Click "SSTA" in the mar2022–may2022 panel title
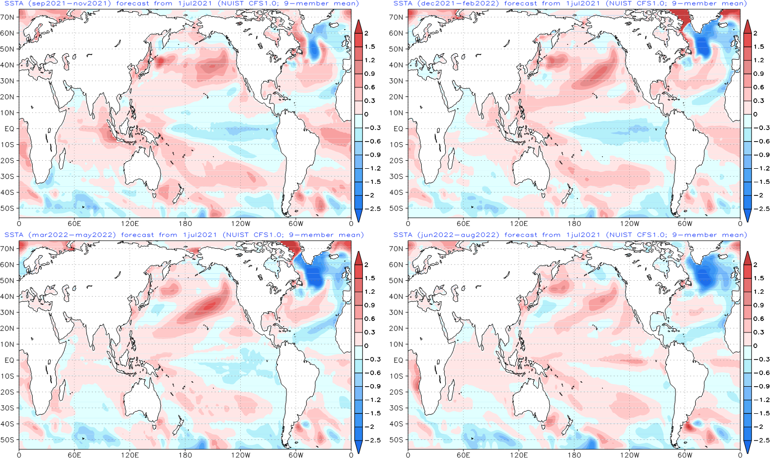tap(14, 235)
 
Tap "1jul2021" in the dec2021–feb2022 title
tap(582, 4)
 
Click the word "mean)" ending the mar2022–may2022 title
tap(351, 235)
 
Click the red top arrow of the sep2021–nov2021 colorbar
tap(358, 26)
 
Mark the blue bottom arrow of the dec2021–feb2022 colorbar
tap(747, 215)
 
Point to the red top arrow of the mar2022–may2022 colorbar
tap(358, 258)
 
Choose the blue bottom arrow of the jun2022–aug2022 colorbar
tap(747, 447)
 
